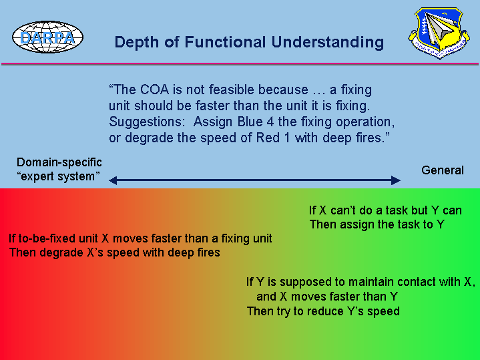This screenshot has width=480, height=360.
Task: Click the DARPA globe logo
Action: coord(48,37)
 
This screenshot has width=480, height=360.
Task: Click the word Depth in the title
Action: coord(137,43)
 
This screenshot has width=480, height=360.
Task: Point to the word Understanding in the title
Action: coord(328,43)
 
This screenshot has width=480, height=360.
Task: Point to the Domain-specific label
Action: coord(59,162)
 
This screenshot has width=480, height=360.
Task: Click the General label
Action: coord(443,170)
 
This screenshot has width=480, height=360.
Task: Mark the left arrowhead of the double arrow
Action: coord(113,180)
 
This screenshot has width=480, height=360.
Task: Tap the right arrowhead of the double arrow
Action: coord(396,180)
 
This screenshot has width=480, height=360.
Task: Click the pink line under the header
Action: coord(240,63)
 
